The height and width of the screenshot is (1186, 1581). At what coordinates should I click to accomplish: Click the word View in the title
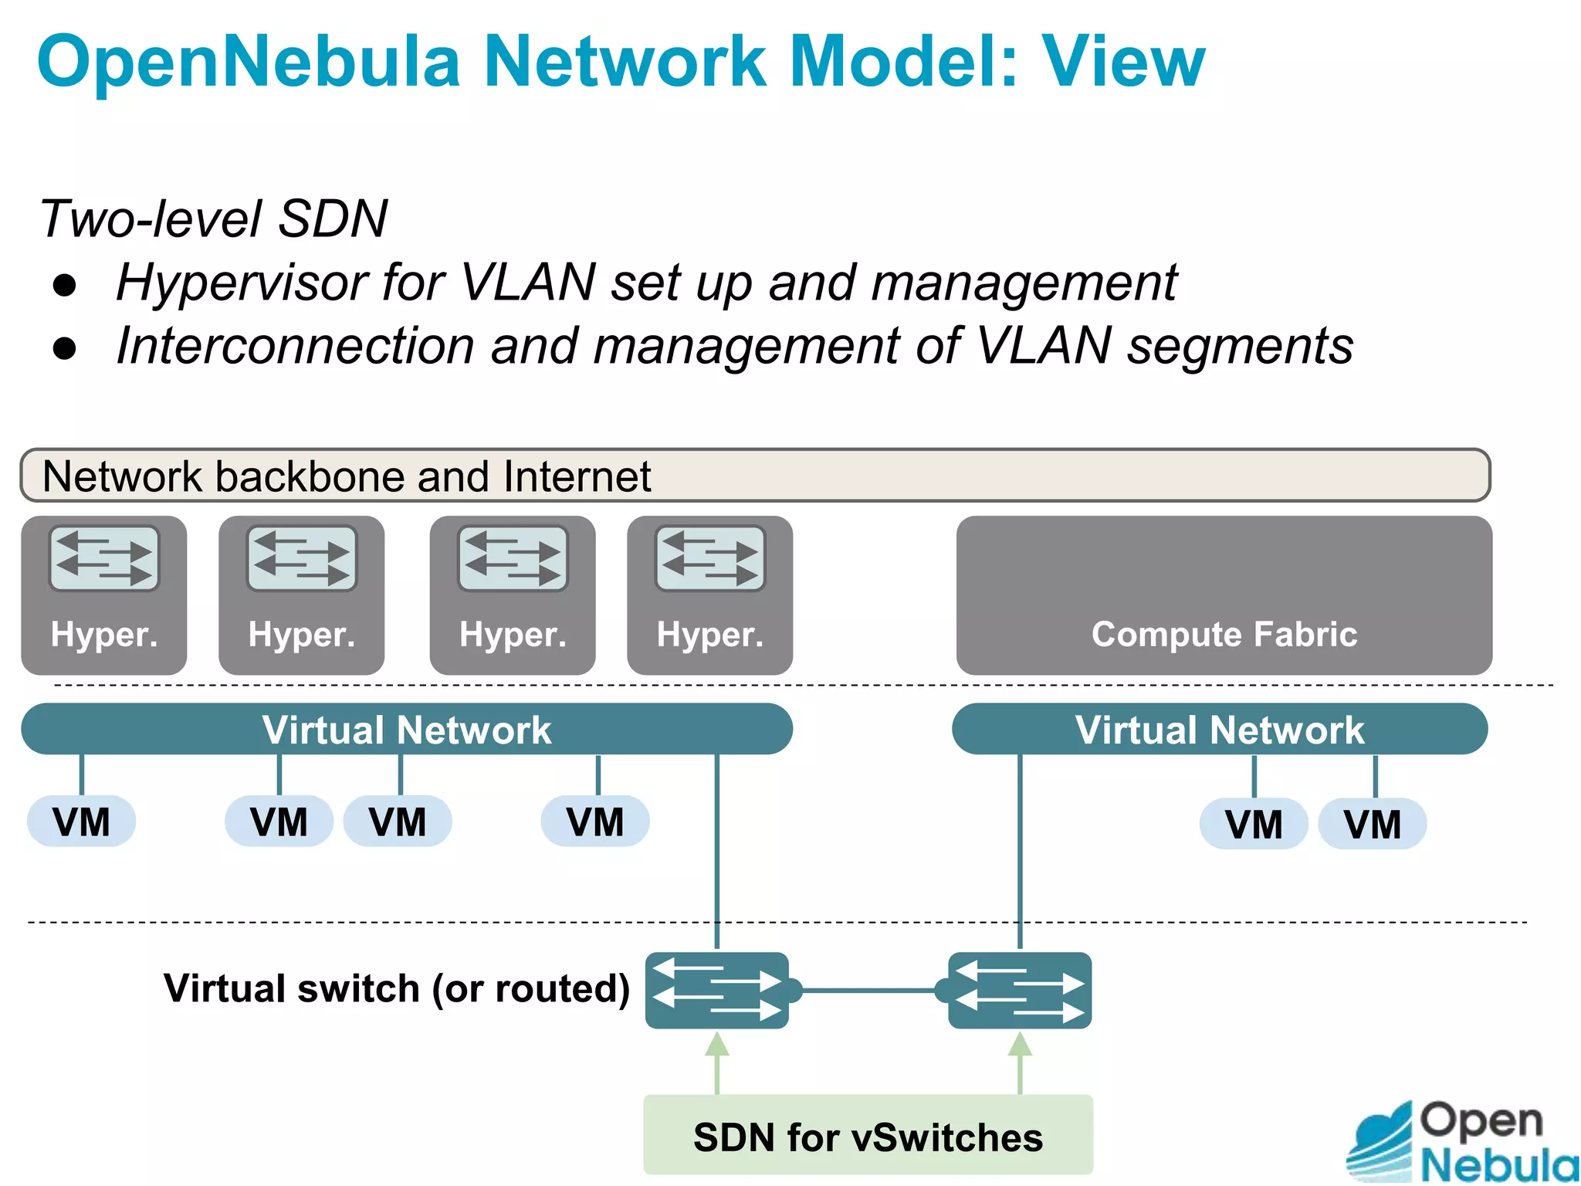pyautogui.click(x=1123, y=62)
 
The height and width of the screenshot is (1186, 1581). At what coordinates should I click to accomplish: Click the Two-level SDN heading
pyautogui.click(x=213, y=219)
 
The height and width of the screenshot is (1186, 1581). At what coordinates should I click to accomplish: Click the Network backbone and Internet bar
pyautogui.click(x=754, y=476)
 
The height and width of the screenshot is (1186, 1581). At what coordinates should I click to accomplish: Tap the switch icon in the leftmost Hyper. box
pyautogui.click(x=104, y=558)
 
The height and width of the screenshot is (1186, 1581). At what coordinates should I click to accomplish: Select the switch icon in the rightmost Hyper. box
pyautogui.click(x=710, y=558)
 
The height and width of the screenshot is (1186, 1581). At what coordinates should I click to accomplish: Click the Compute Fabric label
pyautogui.click(x=1224, y=634)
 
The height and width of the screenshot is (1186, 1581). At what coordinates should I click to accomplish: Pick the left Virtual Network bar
pyautogui.click(x=407, y=730)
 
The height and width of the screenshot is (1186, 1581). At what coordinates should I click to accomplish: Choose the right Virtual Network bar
pyautogui.click(x=1220, y=730)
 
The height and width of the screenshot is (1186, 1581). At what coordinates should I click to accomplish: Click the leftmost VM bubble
pyautogui.click(x=81, y=822)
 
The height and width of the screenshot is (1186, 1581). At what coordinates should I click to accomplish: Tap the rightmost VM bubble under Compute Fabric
pyautogui.click(x=1372, y=824)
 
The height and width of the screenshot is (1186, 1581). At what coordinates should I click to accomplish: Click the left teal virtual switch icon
pyautogui.click(x=717, y=991)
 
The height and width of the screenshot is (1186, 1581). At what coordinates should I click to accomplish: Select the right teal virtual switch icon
pyautogui.click(x=1020, y=991)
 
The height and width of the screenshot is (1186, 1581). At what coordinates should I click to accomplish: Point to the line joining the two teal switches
pyautogui.click(x=868, y=990)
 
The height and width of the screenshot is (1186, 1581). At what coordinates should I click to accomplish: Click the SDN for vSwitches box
pyautogui.click(x=868, y=1137)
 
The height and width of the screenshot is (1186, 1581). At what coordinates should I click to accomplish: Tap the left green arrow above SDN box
pyautogui.click(x=717, y=1062)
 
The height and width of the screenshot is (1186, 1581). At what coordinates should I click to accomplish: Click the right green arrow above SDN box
pyautogui.click(x=1020, y=1062)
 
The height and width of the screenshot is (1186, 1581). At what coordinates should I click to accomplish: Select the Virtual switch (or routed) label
pyautogui.click(x=397, y=988)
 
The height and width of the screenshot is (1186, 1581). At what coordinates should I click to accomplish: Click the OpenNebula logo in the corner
pyautogui.click(x=1463, y=1141)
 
